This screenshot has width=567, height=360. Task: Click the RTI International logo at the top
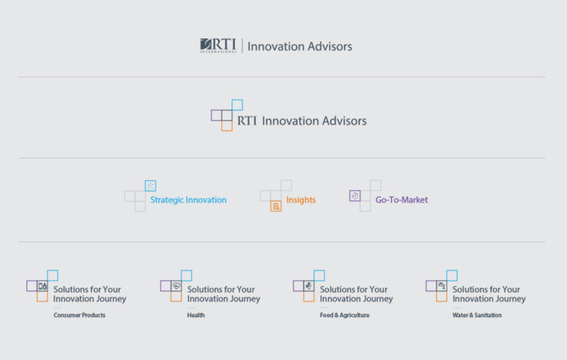[218, 45]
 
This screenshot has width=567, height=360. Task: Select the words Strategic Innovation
[189, 200]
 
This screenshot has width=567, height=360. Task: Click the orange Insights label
[301, 200]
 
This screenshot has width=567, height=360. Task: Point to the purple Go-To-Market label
[402, 200]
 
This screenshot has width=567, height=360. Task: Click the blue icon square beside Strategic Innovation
[150, 186]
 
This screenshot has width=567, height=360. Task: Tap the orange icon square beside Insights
[276, 206]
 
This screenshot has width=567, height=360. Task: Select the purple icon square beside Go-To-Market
[355, 196]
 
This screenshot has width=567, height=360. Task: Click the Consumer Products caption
[80, 315]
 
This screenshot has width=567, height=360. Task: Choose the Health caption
[196, 315]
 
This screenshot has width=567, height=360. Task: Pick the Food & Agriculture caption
[345, 315]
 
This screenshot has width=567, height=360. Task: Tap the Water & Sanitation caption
[477, 315]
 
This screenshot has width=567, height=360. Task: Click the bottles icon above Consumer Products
[42, 286]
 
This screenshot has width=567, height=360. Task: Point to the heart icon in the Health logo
[176, 286]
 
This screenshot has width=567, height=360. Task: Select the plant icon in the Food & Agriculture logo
[309, 286]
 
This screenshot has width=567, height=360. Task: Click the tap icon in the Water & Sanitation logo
[442, 286]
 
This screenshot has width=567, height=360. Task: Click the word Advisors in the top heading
[332, 46]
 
